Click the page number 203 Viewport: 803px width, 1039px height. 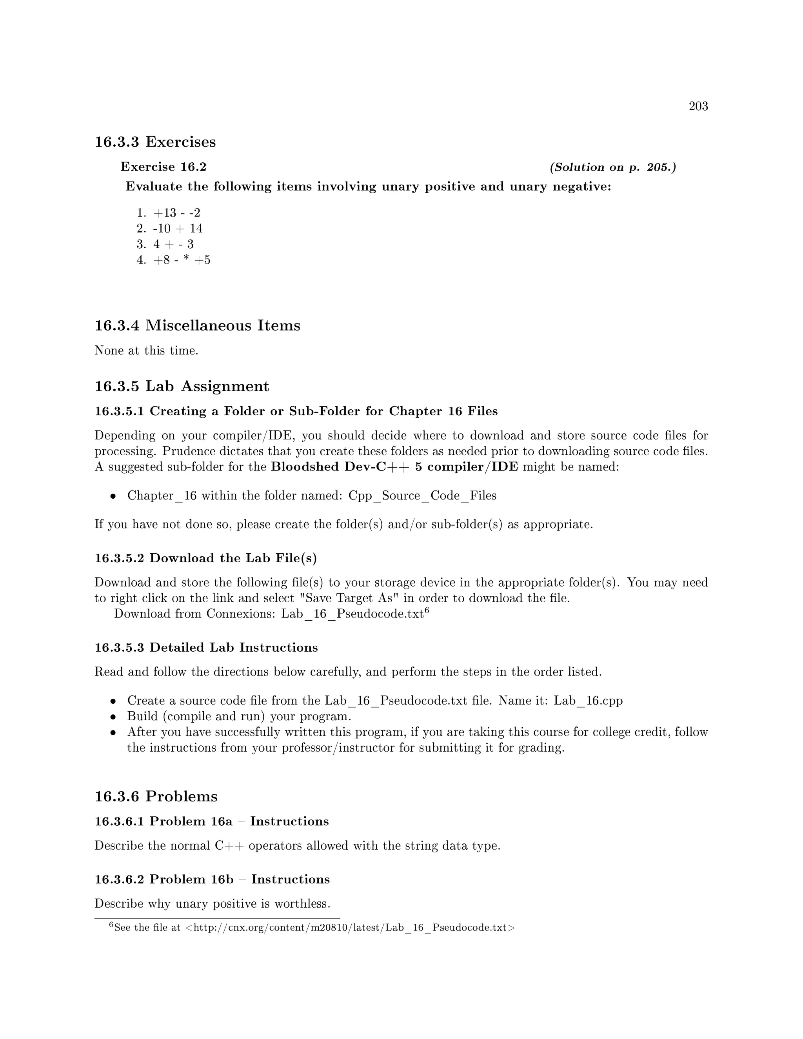698,106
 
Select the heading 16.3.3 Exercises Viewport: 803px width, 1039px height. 155,142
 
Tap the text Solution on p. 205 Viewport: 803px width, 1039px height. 613,167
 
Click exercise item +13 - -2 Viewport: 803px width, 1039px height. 176,213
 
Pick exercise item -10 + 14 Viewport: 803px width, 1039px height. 178,228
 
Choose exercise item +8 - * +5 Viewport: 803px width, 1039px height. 181,260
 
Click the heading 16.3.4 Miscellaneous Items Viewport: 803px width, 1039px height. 198,325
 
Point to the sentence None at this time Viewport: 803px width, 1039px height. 146,351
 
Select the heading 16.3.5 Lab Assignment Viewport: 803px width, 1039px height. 182,386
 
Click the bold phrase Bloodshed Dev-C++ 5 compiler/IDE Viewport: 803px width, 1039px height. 394,467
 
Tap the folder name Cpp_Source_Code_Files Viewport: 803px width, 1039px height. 422,496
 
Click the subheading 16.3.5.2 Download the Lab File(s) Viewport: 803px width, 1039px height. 205,558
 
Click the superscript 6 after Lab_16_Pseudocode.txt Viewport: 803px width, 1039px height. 427,610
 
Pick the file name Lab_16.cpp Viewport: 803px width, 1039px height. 588,701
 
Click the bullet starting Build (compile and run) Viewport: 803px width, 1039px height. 239,716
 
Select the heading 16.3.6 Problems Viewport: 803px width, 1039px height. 156,796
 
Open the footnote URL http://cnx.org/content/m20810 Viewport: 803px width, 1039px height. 350,928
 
